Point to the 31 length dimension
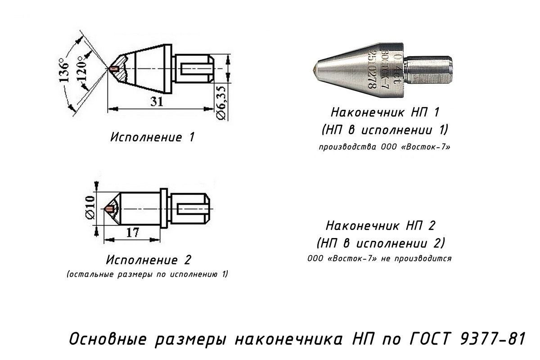tap(157, 102)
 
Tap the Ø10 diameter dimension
tap(90, 207)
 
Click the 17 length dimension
tap(133, 233)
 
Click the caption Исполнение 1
tap(153, 137)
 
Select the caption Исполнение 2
tap(148, 260)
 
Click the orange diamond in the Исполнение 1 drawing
tap(113, 69)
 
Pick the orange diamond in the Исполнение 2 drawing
tap(110, 208)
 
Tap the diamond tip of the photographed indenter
tap(315, 70)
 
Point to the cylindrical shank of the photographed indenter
tap(427, 70)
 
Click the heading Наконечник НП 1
tap(385, 112)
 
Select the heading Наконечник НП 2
tap(380, 226)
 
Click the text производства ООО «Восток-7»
tap(384, 147)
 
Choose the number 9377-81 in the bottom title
tap(492, 339)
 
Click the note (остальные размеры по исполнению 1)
tap(147, 274)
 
